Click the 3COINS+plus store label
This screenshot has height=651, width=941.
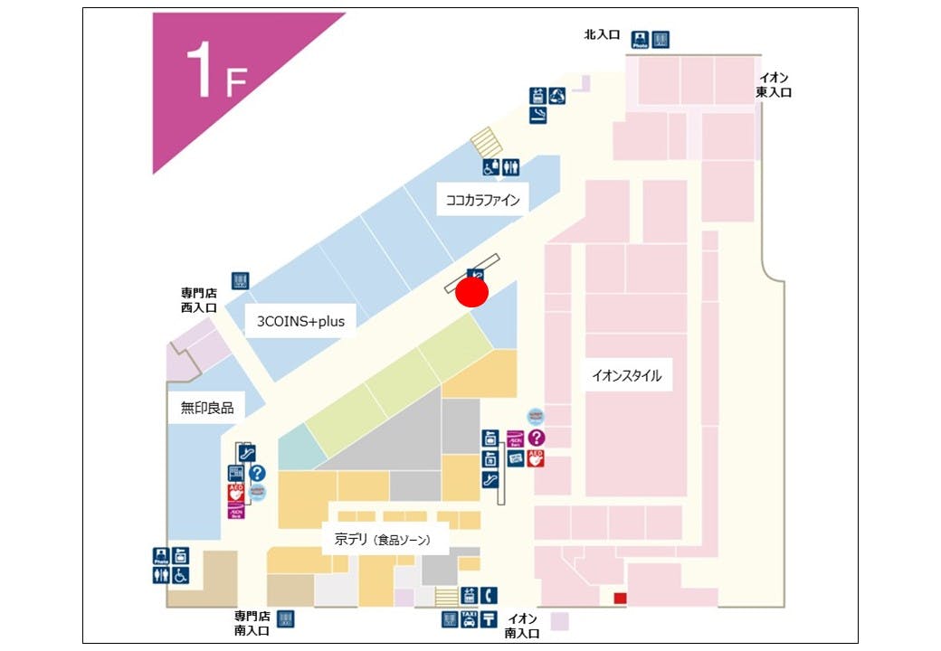coord(300,320)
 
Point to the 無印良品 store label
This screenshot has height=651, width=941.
coord(206,408)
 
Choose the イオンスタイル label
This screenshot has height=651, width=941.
coord(626,375)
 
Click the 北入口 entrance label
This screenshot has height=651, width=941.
coord(602,34)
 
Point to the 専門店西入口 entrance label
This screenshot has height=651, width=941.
coord(198,300)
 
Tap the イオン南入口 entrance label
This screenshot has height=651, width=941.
coord(522,626)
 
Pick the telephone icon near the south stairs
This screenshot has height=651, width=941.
coord(489,595)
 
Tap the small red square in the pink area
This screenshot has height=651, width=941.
coord(620,598)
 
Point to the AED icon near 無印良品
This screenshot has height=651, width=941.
coord(236,494)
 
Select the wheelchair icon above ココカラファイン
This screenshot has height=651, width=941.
coord(490,167)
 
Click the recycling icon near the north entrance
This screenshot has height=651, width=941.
coord(558,94)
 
